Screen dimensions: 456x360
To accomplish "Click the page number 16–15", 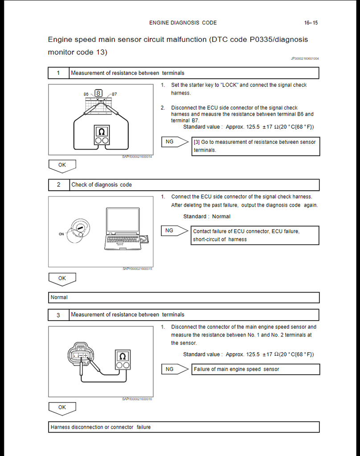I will [311, 23].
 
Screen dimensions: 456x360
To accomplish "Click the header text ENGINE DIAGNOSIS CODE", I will [183, 23].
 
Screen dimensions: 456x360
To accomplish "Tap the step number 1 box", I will [58, 73].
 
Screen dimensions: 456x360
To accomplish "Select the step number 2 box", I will [58, 185].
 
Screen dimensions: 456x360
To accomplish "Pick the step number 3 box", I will [58, 315].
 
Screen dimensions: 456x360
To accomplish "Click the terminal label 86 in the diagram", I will [86, 94].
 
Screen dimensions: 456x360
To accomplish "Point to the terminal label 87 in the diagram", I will [115, 94].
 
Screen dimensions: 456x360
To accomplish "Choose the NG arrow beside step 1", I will [174, 142].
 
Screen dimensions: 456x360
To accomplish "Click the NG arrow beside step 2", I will [174, 231].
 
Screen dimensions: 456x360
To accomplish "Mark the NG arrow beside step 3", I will [174, 369].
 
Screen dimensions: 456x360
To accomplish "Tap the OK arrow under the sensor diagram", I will [62, 408].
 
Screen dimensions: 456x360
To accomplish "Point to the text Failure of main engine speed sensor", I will [236, 369].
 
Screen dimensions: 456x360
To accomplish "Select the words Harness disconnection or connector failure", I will [101, 427].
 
